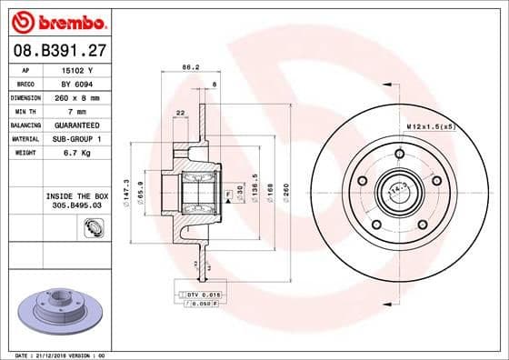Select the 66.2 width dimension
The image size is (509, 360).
coord(190,67)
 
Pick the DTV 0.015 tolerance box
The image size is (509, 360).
coord(195,295)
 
